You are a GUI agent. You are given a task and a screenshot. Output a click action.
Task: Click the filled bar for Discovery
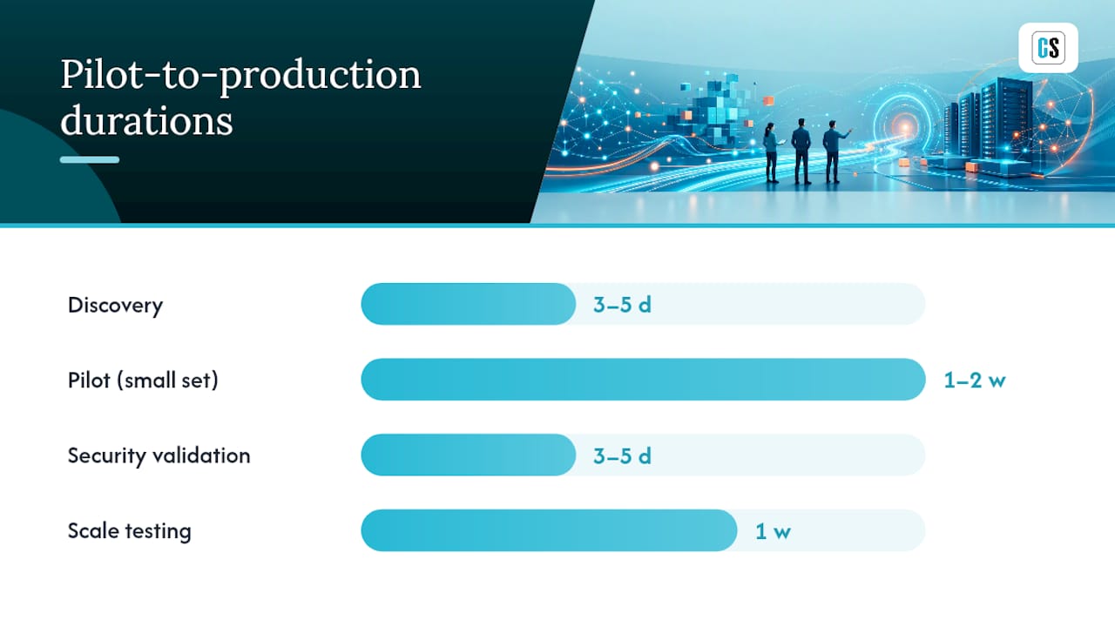tap(469, 304)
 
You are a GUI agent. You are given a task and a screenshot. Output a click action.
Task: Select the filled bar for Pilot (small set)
tap(643, 380)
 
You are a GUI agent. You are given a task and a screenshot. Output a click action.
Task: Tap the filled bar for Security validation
tap(469, 455)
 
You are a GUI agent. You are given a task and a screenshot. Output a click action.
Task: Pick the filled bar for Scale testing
tap(549, 530)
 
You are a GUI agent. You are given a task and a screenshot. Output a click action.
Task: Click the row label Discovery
tap(116, 306)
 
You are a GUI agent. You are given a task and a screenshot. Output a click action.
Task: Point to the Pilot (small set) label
tap(143, 381)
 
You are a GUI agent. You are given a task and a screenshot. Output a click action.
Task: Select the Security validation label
tap(159, 455)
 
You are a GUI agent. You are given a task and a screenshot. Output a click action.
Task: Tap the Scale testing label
tap(130, 531)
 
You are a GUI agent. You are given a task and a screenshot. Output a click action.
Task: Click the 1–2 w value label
tap(975, 381)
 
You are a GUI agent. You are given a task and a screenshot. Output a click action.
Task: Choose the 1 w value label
tap(773, 531)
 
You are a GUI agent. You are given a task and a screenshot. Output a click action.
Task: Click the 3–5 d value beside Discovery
tap(622, 305)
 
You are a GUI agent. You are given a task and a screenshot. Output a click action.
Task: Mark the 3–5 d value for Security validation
tap(622, 455)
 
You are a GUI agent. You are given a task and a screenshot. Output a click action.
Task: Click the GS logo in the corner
tap(1048, 48)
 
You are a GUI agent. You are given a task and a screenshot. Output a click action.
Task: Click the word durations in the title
tap(146, 120)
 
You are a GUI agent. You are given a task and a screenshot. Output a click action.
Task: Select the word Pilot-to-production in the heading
tap(241, 75)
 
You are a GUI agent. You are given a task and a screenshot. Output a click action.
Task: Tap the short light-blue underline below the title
tap(90, 159)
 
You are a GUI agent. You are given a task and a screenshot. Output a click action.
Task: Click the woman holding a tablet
tap(772, 152)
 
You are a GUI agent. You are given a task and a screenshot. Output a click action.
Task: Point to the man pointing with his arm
tap(835, 152)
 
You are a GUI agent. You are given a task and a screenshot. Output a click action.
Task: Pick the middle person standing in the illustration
tap(801, 152)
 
